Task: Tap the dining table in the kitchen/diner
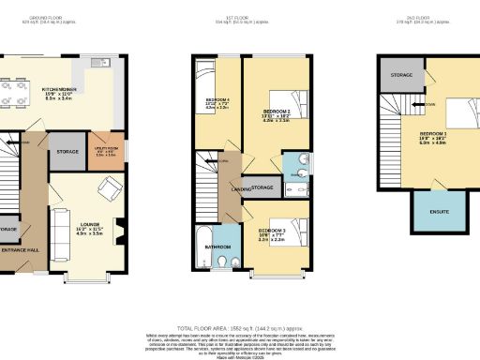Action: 15,92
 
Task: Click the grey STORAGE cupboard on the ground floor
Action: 66,151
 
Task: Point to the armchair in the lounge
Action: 110,192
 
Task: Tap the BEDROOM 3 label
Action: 273,231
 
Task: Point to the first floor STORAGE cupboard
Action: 262,188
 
